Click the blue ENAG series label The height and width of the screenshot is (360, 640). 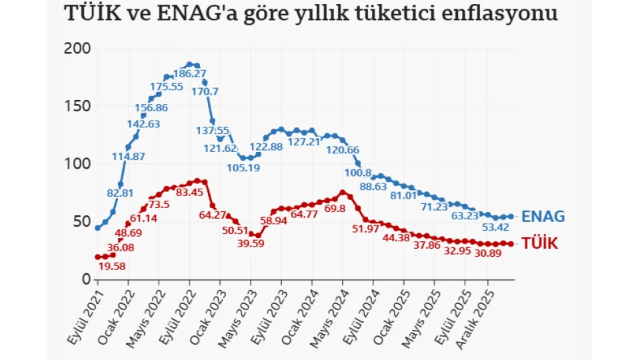coord(543,217)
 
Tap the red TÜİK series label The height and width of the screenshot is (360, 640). coord(539,244)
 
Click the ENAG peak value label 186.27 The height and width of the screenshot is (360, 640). coord(189,73)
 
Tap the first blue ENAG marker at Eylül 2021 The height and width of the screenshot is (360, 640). coord(98,228)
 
